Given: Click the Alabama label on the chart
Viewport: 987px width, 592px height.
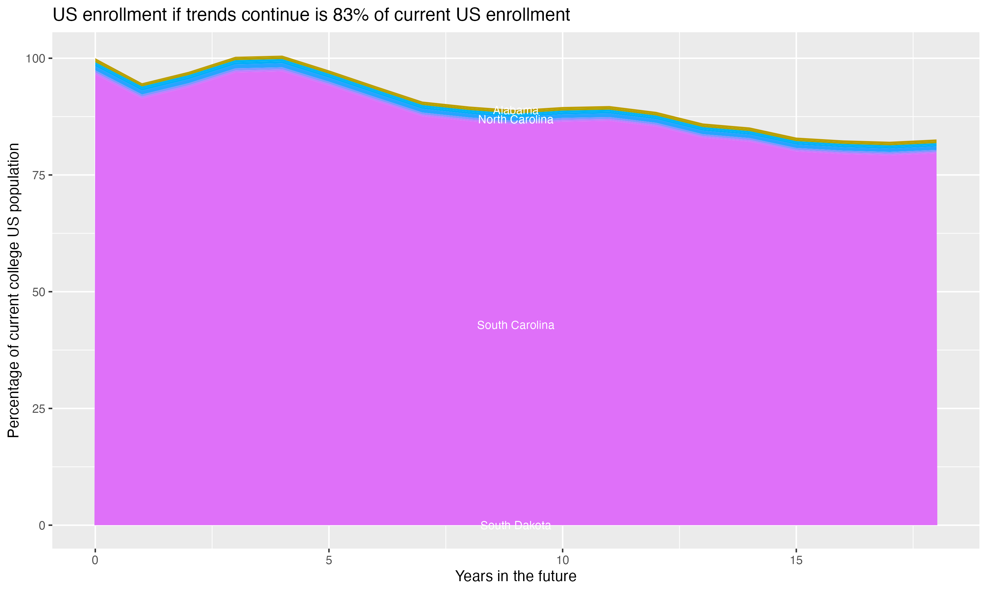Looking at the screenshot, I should click(516, 111).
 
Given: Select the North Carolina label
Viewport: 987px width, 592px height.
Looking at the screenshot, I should click(516, 120).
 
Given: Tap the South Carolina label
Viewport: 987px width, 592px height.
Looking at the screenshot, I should click(516, 325).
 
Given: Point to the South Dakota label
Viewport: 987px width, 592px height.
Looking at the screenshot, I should click(516, 525).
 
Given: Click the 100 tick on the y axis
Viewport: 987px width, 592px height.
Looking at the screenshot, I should click(35, 59).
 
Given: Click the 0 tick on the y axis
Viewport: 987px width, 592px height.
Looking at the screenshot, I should click(41, 525).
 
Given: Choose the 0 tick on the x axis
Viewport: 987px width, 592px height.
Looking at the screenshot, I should click(95, 560).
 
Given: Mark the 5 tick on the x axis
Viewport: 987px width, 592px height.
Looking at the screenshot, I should click(329, 560).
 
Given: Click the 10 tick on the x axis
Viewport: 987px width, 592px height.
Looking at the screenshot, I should click(563, 560).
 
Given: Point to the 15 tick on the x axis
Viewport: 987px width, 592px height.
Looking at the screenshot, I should click(796, 560).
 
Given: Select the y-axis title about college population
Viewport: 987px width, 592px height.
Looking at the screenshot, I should click(13, 290).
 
